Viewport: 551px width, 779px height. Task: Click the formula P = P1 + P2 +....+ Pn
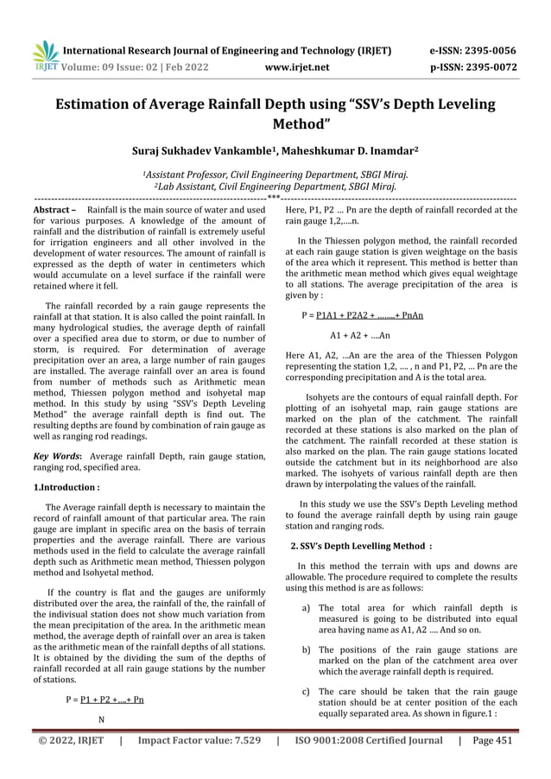[104, 699]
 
